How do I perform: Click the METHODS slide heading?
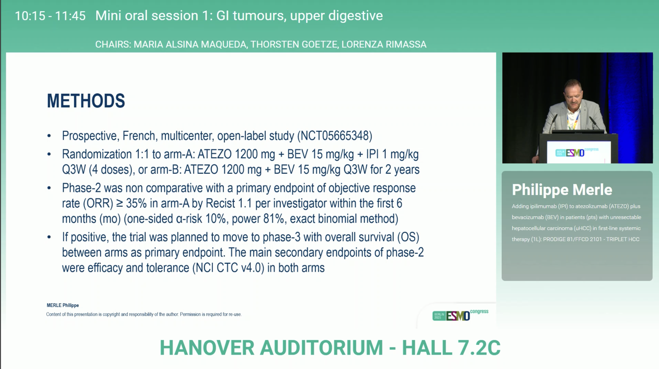coord(86,101)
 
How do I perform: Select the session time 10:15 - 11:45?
coord(50,16)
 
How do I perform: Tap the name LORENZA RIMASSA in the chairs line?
coord(384,44)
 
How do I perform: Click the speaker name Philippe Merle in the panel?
coord(562,190)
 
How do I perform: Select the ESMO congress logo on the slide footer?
coord(460,315)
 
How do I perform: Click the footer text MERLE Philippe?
coord(63,305)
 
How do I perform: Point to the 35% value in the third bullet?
coord(136,203)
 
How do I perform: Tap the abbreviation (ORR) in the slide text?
coord(98,203)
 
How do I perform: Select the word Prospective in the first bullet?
coord(91,136)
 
